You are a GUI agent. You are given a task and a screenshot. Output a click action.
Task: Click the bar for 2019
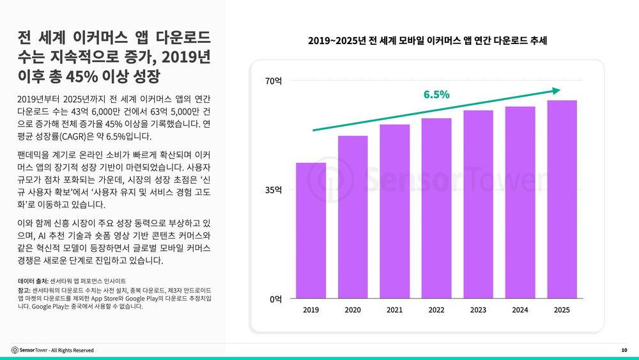[311, 231]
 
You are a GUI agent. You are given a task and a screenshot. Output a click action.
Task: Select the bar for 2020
[353, 217]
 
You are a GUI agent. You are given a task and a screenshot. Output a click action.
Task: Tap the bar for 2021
[394, 212]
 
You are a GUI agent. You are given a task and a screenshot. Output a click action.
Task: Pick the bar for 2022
[436, 208]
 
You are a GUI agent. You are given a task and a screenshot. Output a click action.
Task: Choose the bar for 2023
[478, 205]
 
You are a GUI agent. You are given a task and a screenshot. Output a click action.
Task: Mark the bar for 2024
[520, 203]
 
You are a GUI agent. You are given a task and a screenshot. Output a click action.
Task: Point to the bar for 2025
[562, 200]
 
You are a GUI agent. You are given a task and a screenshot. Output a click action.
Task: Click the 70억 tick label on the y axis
[273, 81]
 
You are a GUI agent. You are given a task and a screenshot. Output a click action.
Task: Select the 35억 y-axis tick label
[273, 190]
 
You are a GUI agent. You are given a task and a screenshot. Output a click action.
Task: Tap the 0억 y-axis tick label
[275, 299]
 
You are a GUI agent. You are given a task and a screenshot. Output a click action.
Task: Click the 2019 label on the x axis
[311, 310]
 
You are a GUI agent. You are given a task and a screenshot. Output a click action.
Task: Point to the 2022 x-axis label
[436, 310]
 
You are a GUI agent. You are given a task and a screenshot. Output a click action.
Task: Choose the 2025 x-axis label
[562, 310]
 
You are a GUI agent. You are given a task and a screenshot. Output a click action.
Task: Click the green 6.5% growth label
[436, 95]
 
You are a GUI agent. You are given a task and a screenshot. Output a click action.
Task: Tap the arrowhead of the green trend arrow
[557, 91]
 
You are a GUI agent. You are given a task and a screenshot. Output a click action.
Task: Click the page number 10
[624, 350]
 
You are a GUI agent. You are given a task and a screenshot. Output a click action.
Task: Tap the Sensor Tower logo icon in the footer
[15, 350]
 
